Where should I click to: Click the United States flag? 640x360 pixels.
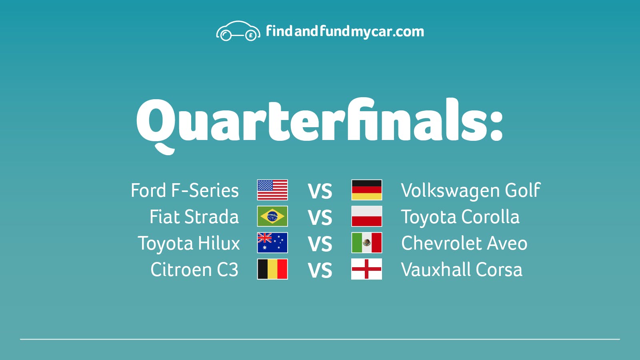(272, 190)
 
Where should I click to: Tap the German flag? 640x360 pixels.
(366, 190)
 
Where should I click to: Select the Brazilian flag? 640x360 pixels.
(272, 216)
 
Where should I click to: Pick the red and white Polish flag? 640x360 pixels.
(366, 216)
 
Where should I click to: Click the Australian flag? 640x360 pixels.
(272, 242)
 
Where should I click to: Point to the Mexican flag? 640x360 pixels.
(366, 242)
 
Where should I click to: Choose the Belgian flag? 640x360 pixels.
(272, 269)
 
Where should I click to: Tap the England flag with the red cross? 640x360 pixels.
(366, 269)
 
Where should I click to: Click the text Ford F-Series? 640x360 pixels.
(184, 190)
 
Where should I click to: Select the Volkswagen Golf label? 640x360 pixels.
(471, 191)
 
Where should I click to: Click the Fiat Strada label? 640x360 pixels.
(194, 216)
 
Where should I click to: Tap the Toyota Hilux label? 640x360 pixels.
(188, 244)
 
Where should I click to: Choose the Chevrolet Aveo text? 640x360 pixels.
(464, 243)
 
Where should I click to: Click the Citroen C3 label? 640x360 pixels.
(194, 270)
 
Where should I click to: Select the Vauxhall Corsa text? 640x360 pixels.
(462, 270)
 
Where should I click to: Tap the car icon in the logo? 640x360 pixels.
(238, 31)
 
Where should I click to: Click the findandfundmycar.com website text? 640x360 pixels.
(345, 31)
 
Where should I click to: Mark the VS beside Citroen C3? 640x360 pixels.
(320, 270)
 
